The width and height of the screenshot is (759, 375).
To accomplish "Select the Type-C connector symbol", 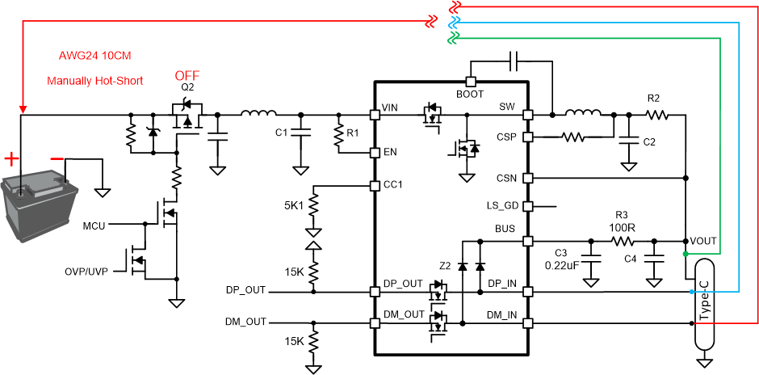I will (704, 302).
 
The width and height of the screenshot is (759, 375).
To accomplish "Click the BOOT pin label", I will (469, 94).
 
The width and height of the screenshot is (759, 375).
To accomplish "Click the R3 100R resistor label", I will (622, 221).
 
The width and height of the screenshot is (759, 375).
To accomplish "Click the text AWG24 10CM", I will (94, 57).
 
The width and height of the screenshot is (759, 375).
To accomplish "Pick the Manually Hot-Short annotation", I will (94, 81).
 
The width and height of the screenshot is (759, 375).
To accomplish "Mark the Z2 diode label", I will (445, 265).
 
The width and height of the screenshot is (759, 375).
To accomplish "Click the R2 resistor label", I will (654, 98).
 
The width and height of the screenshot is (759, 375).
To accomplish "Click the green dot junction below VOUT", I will (686, 254).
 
